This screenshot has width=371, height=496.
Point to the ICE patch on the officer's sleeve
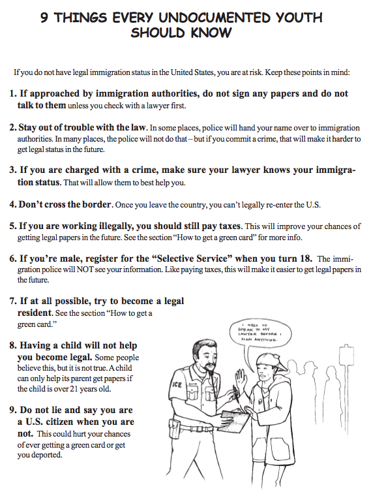point(175,385)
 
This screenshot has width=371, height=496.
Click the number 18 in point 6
point(305,258)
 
